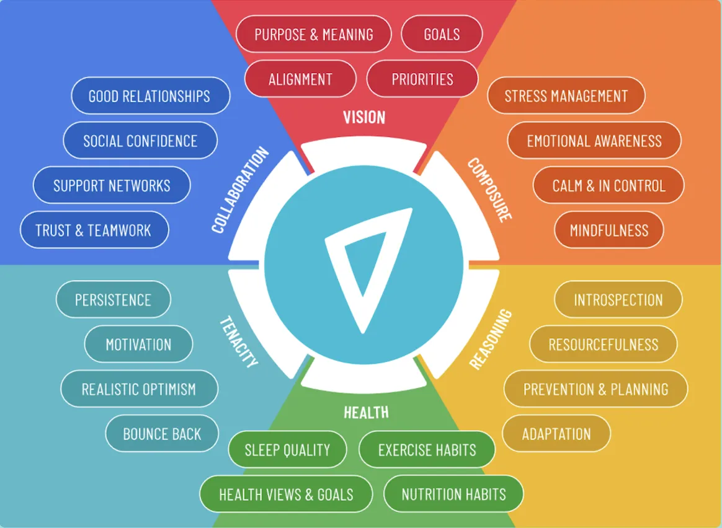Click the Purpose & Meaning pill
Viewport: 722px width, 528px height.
314,34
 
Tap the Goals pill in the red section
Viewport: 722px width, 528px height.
442,34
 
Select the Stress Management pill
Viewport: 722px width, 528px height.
566,96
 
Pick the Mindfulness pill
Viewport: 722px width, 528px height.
608,231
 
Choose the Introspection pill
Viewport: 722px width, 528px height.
618,300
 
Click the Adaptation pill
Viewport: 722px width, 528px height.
556,434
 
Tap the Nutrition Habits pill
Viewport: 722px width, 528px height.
453,495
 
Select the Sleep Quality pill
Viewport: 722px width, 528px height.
287,450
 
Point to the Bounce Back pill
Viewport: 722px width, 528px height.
162,434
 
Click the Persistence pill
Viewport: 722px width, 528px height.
113,300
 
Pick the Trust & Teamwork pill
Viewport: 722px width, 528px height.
94,231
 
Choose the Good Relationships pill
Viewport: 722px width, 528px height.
149,96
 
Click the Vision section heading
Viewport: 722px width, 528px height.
364,117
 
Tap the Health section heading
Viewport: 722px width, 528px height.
366,412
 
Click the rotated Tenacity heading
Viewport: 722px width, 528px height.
239,341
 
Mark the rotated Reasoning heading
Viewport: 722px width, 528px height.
491,339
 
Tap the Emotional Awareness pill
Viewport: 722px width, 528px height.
594,141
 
